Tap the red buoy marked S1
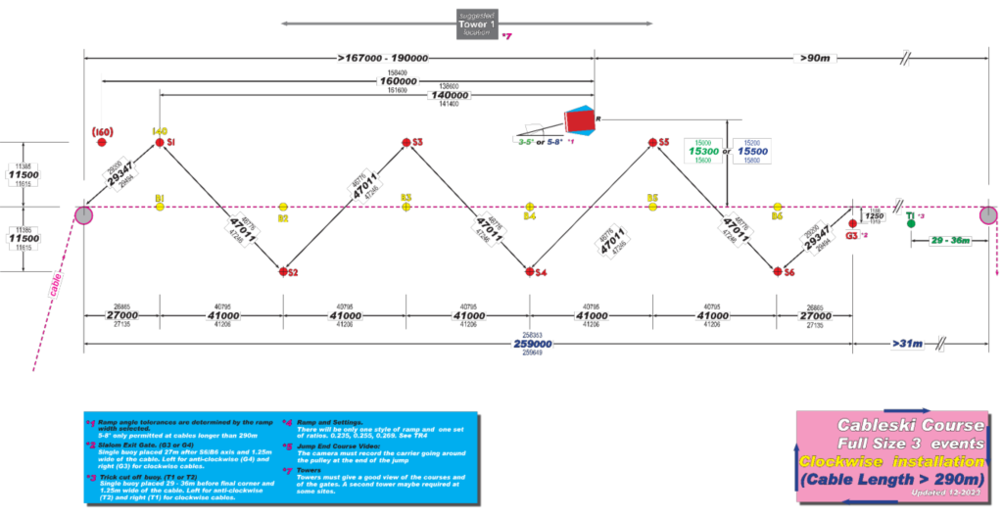coord(160,143)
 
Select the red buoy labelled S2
coord(282,271)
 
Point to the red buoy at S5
coord(651,143)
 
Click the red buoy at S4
coord(529,271)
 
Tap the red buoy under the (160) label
coord(102,143)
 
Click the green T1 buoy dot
coord(911,223)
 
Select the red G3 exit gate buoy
coord(852,224)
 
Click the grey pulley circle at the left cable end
coord(84,214)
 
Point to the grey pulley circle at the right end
coord(989,214)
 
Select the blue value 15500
coord(751,152)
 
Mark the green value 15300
coord(702,152)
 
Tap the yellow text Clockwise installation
coord(888,460)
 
